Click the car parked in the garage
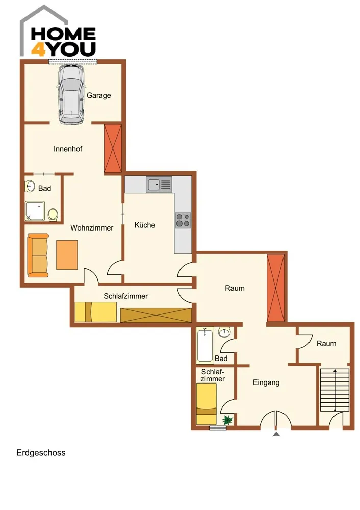tap(71, 94)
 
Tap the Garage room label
tap(98, 96)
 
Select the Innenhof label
tap(68, 149)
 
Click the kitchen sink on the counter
tap(159, 185)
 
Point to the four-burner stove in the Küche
tap(183, 220)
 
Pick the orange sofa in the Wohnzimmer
tap(38, 256)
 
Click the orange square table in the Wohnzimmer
tap(67, 255)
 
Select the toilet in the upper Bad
tap(53, 215)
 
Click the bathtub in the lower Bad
tap(205, 345)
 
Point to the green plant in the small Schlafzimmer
tap(227, 419)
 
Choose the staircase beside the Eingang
tap(335, 390)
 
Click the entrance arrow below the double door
tap(276, 434)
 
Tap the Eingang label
tap(266, 383)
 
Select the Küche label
tap(145, 225)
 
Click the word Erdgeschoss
tap(41, 453)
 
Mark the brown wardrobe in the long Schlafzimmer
tap(156, 315)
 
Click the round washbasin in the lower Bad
tap(224, 332)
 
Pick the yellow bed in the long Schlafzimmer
tap(96, 312)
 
